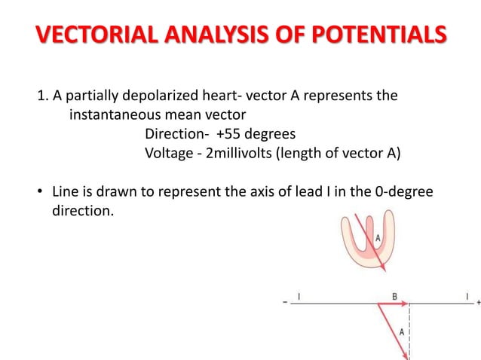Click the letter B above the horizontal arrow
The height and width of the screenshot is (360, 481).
tap(394, 297)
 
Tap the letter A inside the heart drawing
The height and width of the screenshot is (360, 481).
tap(377, 239)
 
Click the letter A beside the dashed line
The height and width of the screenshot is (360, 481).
tap(401, 331)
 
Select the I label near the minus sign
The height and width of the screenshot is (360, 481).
tap(299, 297)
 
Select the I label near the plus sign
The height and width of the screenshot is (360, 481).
tap(466, 297)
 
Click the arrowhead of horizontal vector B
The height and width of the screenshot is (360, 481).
tap(405, 304)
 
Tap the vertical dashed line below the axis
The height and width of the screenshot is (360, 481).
tap(409, 331)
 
